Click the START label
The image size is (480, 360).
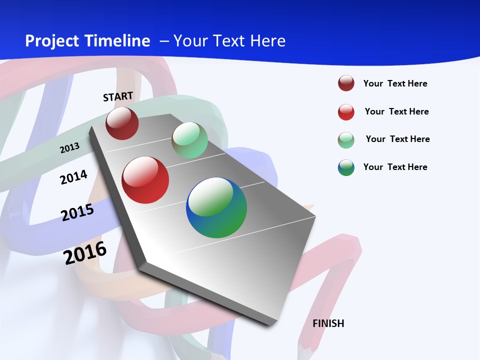tap(118, 96)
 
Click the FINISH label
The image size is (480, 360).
tap(328, 323)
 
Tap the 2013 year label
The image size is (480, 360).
tap(69, 147)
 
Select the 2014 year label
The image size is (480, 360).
tap(73, 177)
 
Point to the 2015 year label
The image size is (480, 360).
tap(77, 212)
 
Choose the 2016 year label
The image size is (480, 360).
tap(85, 253)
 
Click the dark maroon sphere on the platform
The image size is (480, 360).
tap(122, 123)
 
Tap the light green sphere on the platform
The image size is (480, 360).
tap(189, 140)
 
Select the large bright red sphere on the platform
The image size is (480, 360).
tap(145, 180)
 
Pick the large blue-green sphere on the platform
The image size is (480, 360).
tap(216, 207)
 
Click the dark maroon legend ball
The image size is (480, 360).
tap(346, 83)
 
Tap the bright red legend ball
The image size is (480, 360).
tap(346, 112)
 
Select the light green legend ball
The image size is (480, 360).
tap(346, 140)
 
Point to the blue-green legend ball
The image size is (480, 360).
tap(346, 167)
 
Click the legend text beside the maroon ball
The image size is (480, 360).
tap(395, 83)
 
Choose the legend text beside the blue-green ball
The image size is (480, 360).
tap(395, 167)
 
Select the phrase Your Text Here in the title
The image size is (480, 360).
tap(229, 41)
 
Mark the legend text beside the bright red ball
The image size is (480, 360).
tap(396, 111)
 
